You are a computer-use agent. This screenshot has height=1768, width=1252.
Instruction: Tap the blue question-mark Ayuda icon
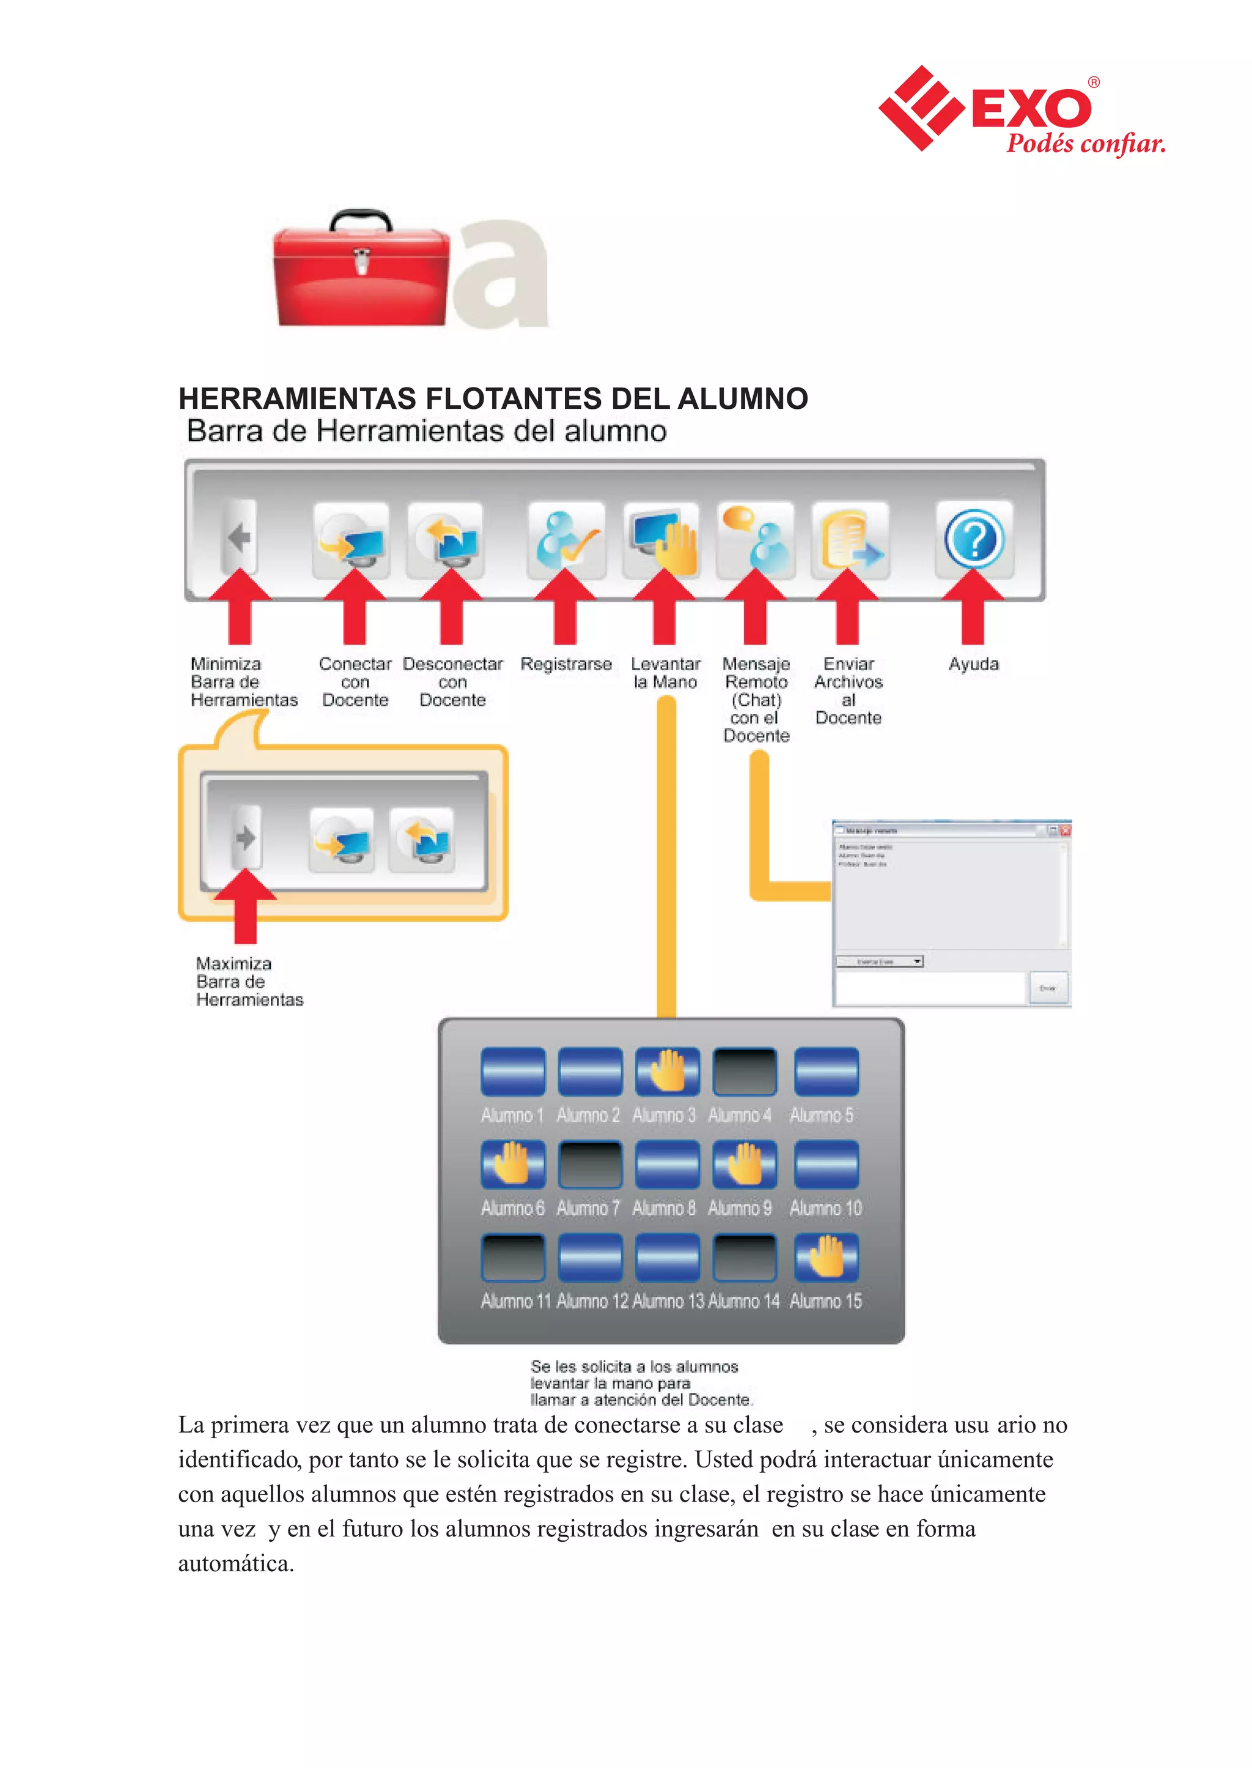(974, 540)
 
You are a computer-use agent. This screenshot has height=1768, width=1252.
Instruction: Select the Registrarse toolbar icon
(566, 540)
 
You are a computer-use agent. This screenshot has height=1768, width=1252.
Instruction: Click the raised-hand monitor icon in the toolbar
(661, 540)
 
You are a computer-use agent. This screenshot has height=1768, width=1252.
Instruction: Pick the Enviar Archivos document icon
(850, 540)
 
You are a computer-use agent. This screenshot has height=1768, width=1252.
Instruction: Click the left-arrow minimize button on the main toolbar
(240, 537)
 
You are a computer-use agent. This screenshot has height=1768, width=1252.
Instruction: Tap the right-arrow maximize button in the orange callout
(246, 837)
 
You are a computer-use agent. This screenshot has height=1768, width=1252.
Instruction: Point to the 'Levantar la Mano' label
(665, 673)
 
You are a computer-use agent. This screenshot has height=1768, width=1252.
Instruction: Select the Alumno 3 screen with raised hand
(667, 1072)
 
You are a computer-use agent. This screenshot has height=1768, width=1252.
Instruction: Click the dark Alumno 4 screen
(744, 1072)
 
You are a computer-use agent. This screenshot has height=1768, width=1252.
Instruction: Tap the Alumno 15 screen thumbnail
(826, 1257)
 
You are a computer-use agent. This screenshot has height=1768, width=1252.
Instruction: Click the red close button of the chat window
(1066, 831)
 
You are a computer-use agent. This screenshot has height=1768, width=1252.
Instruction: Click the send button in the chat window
(1048, 988)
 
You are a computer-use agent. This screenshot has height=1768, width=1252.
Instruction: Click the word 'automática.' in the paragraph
(236, 1563)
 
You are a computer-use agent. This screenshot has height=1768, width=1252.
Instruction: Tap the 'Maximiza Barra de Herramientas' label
(248, 982)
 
